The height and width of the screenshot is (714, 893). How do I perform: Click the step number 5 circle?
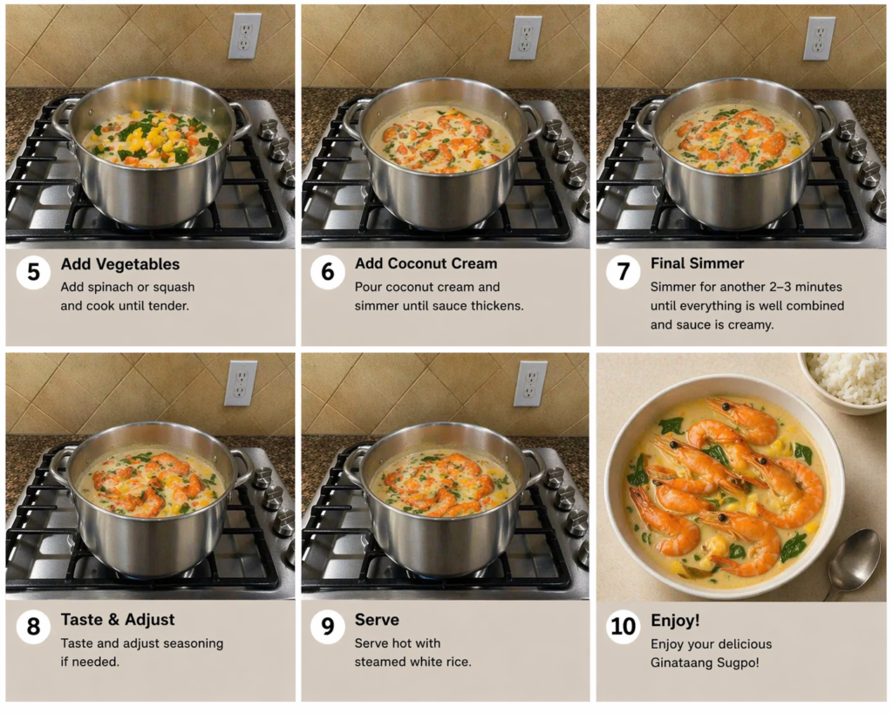point(33,272)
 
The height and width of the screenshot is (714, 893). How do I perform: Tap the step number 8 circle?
point(33,627)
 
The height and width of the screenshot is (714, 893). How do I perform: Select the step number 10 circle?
point(623,627)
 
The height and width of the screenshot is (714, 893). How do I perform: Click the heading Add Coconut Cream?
point(426,263)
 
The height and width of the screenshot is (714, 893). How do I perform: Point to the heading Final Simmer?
point(697,263)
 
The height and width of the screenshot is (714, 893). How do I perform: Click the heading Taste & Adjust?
point(118,620)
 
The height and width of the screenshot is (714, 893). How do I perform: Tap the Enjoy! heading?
point(675,621)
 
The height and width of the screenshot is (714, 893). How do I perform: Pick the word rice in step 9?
point(457,663)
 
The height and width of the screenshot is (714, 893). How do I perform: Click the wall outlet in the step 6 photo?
point(525,37)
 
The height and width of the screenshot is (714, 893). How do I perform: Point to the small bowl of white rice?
point(845,379)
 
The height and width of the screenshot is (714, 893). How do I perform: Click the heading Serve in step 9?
point(377,620)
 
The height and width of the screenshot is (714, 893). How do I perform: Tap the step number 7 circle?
point(623,272)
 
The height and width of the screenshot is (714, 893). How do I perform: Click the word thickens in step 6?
point(496,306)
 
